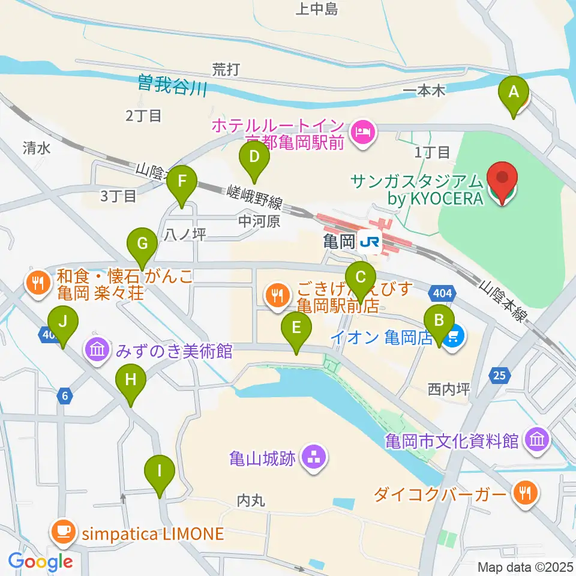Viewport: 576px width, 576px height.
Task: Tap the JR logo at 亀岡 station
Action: tap(369, 242)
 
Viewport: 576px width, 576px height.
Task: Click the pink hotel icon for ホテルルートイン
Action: tap(362, 130)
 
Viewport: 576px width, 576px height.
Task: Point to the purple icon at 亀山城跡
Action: tap(312, 459)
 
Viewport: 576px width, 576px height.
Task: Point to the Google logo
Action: tap(40, 562)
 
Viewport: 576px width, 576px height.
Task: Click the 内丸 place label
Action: tap(251, 500)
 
